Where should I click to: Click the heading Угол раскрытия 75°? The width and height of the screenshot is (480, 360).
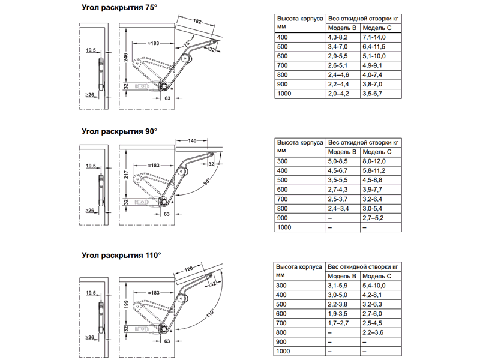coord(119,8)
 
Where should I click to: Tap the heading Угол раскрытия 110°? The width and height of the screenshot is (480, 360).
coord(121,255)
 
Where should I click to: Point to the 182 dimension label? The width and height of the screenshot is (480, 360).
coord(197,22)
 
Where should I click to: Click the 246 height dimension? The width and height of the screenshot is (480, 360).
coord(125,57)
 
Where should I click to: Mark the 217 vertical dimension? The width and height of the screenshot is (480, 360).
coord(125,176)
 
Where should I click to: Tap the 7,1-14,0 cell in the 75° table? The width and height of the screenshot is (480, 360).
coord(376,37)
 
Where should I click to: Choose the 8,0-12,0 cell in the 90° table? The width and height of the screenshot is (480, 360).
coord(376,161)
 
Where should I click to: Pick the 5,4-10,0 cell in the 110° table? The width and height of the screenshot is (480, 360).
coord(376,286)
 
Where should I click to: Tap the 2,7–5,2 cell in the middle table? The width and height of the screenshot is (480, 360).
coord(376,218)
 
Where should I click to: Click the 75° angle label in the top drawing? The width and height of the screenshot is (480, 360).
coord(187,44)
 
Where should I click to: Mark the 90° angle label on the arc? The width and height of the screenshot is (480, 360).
coord(207,182)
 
